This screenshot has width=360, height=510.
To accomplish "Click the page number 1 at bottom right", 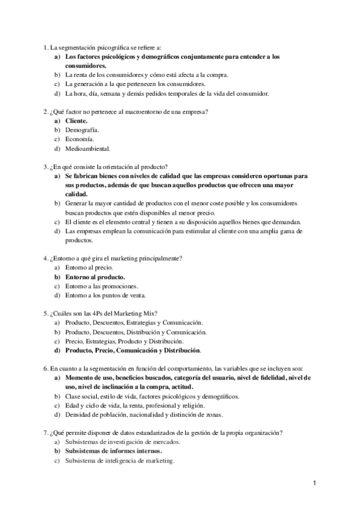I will pos(315,483).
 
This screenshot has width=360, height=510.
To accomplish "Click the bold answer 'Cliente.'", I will pos(76,120).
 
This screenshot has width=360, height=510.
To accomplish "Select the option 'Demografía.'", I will pos(82,129).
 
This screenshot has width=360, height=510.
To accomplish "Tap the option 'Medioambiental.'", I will pos(88,148).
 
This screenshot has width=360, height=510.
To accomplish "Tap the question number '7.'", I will pos(46,432).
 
